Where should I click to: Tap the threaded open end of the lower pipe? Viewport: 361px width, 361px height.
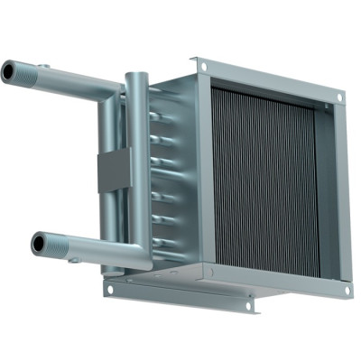point(42,243)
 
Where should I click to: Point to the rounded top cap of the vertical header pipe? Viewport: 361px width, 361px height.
point(136,76)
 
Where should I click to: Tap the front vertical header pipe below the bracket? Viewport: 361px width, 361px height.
point(135,226)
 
